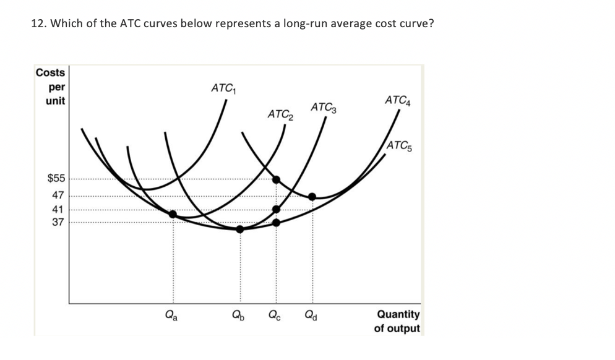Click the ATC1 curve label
(223, 88)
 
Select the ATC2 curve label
(280, 114)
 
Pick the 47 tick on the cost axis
(58, 194)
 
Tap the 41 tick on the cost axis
(58, 208)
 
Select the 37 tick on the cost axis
(58, 221)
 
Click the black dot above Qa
(173, 214)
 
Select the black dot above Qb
(240, 228)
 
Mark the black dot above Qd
(312, 197)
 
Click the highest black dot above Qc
(276, 179)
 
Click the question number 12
(37, 24)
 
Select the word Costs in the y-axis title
(51, 72)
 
